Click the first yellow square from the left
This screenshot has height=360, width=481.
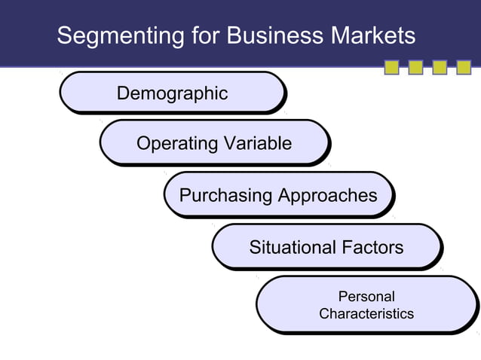tap(392, 69)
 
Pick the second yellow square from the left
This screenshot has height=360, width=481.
tap(415, 69)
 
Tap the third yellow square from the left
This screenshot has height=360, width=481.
tap(440, 69)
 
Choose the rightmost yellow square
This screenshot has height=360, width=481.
tap(463, 69)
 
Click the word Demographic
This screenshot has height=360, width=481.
tap(172, 93)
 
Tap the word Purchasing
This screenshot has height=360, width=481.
tap(225, 196)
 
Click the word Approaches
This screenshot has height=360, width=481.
tap(327, 196)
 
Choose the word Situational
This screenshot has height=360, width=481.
tap(293, 247)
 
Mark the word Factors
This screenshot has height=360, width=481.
tap(372, 247)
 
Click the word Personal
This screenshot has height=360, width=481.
tap(366, 297)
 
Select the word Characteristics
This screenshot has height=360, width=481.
tap(366, 313)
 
